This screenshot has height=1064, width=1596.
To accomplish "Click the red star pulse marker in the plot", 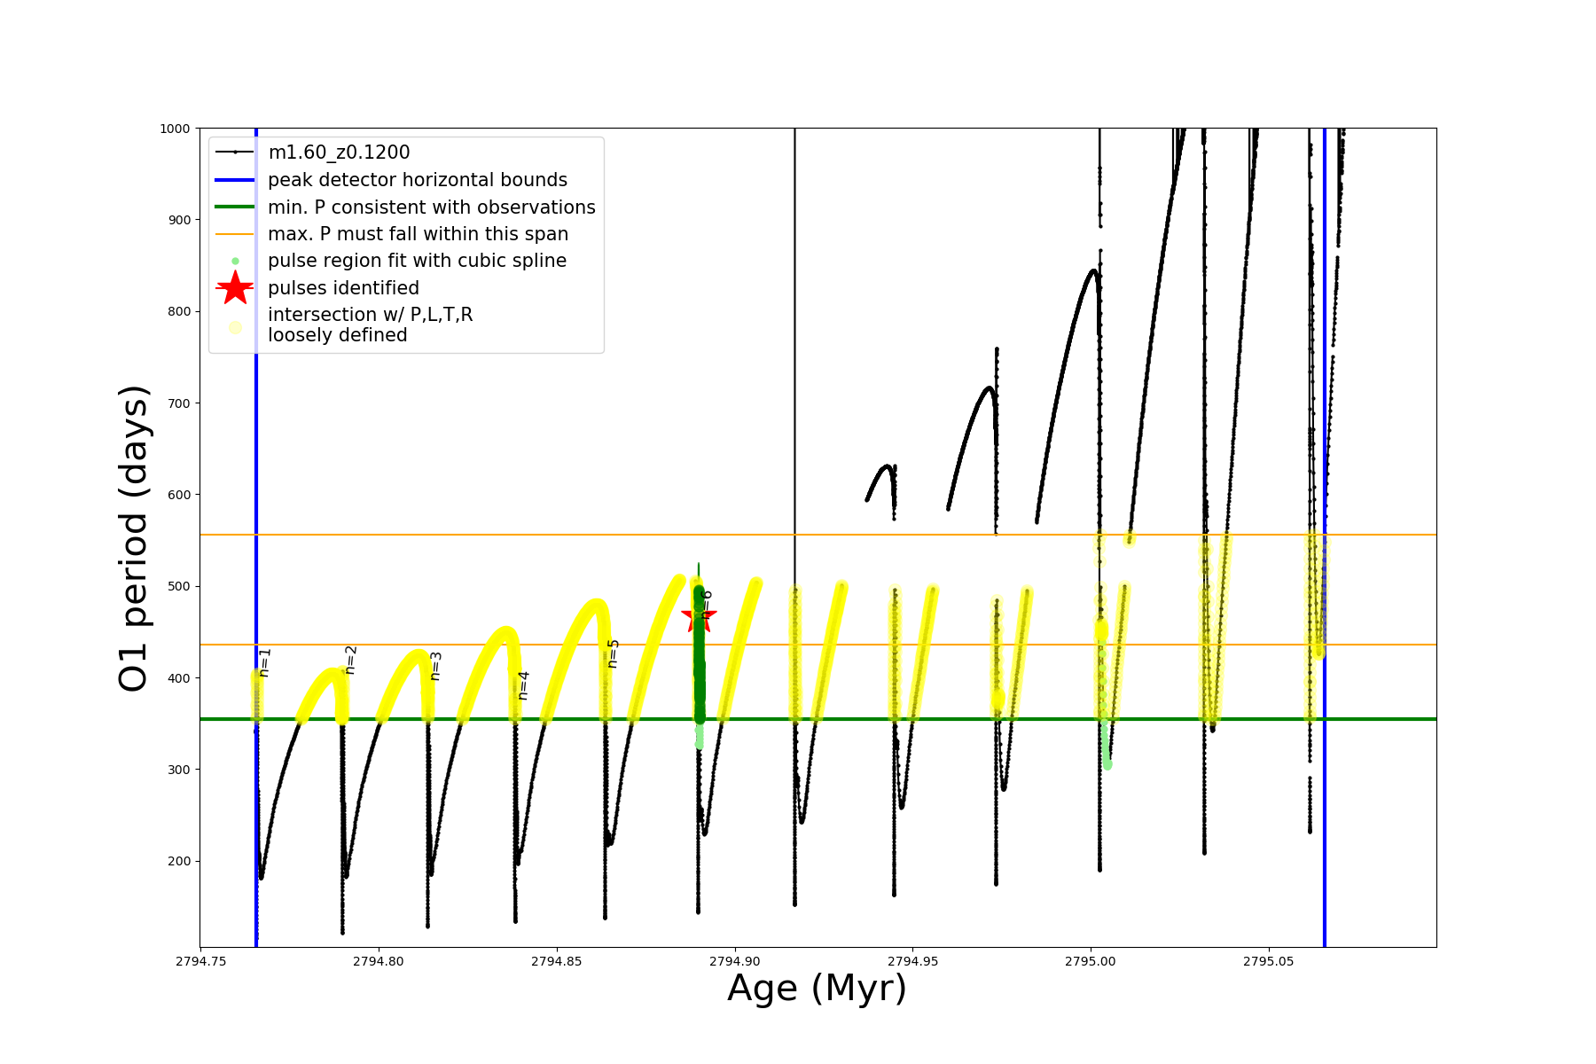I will (x=698, y=615).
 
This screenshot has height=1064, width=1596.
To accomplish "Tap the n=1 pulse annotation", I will (x=264, y=662).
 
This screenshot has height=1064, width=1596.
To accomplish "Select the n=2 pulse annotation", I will (x=350, y=660).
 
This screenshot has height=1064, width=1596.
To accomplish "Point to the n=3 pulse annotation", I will (x=435, y=666).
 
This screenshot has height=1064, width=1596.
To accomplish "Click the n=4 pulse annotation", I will (x=523, y=685).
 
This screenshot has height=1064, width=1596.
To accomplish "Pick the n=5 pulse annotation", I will (x=613, y=653).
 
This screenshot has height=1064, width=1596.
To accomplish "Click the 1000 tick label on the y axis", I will (x=175, y=129).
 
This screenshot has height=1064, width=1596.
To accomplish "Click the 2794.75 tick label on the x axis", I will (x=200, y=961).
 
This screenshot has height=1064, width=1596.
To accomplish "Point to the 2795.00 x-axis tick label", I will (x=1091, y=961).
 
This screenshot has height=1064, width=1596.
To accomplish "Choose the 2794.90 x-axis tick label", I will (x=735, y=961).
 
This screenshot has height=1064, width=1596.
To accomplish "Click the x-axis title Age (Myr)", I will (x=817, y=989).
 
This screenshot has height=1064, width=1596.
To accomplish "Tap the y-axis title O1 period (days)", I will (x=134, y=538).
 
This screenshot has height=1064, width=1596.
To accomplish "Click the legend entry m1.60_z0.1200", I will (x=339, y=153).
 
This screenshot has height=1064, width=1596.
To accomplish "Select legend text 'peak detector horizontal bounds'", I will (x=418, y=180).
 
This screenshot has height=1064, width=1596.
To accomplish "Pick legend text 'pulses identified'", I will (x=343, y=288).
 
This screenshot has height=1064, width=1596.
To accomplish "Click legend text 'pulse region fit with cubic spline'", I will (x=417, y=261).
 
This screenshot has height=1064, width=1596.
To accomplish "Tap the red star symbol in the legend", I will (x=235, y=287).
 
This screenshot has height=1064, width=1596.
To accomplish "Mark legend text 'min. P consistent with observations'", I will (x=432, y=207).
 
